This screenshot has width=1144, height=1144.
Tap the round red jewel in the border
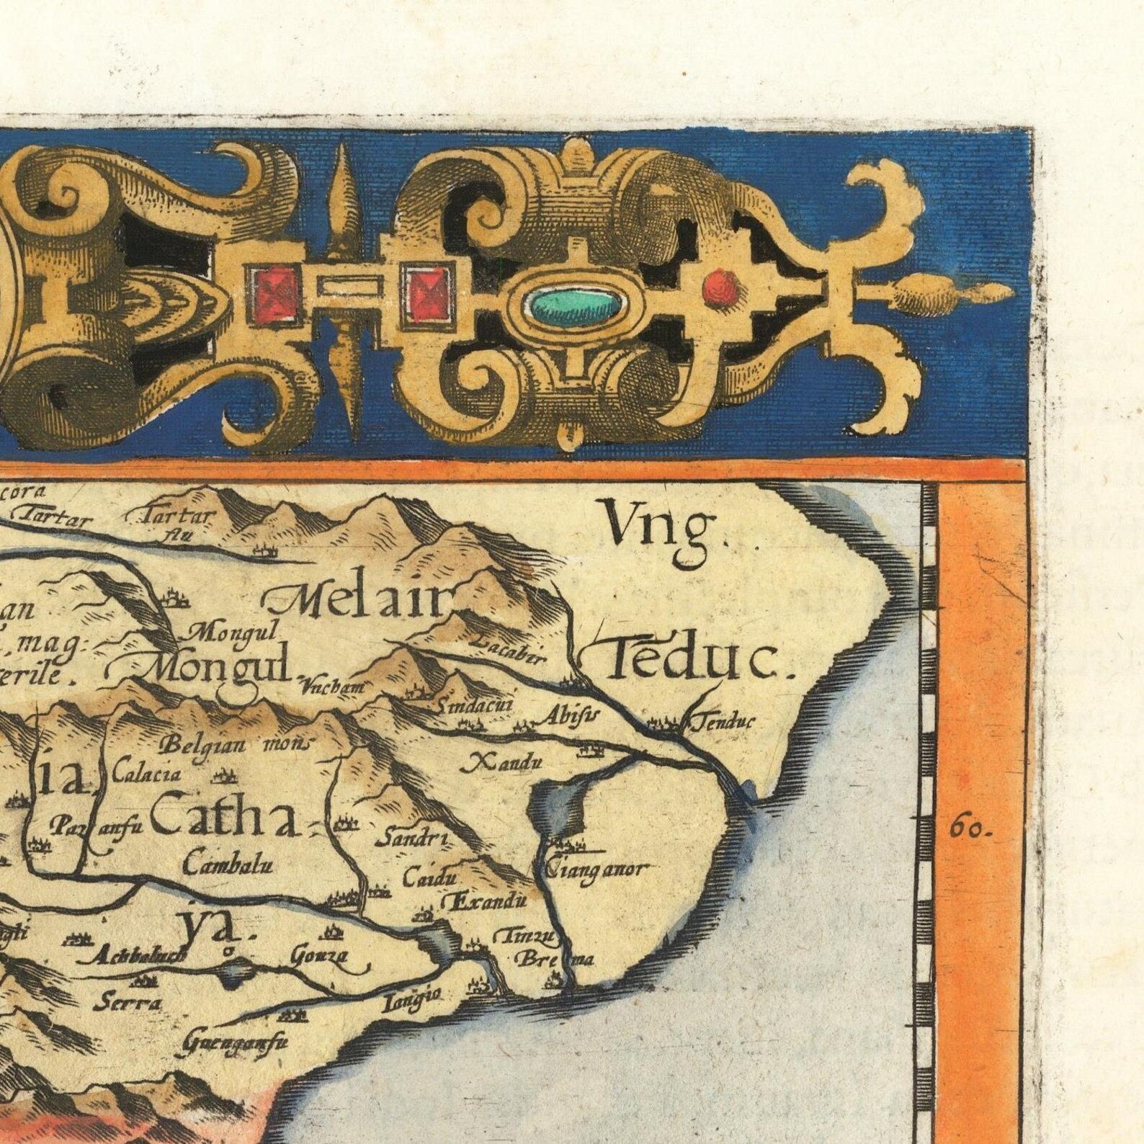[721, 288]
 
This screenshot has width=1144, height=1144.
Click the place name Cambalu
[228, 864]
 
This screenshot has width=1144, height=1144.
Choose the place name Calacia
[147, 775]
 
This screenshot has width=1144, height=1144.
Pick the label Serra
[130, 1004]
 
